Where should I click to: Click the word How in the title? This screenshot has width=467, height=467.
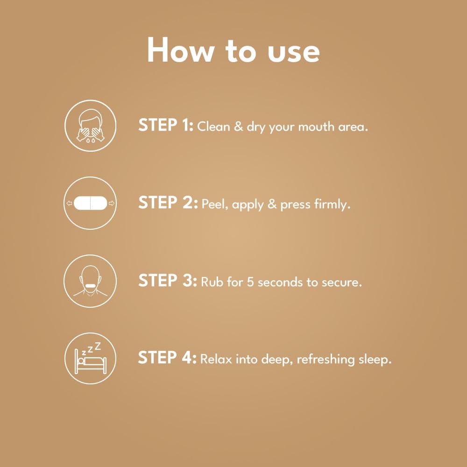point(180,50)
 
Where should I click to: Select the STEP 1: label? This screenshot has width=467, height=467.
point(166,125)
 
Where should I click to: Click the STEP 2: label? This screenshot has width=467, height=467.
point(168,203)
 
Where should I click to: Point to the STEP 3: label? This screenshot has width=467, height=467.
point(168,280)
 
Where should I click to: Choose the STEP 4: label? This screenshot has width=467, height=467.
point(167,357)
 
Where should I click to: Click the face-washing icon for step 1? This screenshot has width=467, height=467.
point(90,126)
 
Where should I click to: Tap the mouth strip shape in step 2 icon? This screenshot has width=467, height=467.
point(90,203)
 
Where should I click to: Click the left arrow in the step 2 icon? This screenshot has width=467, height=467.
point(69,204)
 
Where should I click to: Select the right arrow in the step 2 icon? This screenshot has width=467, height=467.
point(112,204)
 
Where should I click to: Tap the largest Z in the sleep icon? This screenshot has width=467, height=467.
point(98,347)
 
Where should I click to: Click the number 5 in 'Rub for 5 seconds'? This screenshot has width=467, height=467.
point(250,282)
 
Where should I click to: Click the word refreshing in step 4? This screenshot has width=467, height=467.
point(325,360)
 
